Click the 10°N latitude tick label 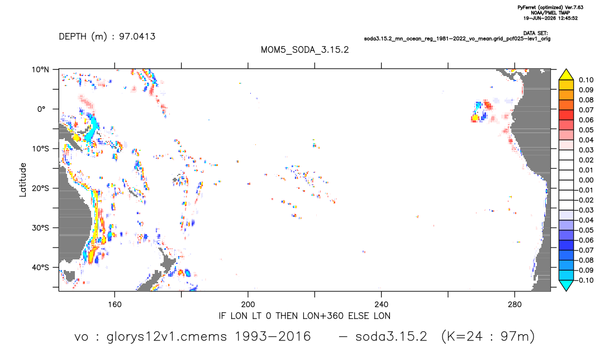pyautogui.click(x=40, y=70)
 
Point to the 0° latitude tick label pyautogui.click(x=41, y=109)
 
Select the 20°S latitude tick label pyautogui.click(x=40, y=188)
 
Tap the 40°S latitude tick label pyautogui.click(x=40, y=267)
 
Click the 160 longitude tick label pyautogui.click(x=115, y=305)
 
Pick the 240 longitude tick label pyautogui.click(x=382, y=305)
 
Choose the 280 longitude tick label pyautogui.click(x=515, y=305)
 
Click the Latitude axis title pyautogui.click(x=23, y=180)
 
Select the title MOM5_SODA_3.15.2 pyautogui.click(x=305, y=50)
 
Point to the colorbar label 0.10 pyautogui.click(x=586, y=80)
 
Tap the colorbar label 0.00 pyautogui.click(x=586, y=180)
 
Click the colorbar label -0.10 pyautogui.click(x=585, y=280)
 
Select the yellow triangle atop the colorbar pyautogui.click(x=566, y=75)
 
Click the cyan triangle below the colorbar pyautogui.click(x=566, y=285)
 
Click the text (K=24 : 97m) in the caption pyautogui.click(x=488, y=337)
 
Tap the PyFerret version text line pyautogui.click(x=550, y=7)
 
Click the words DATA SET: pyautogui.click(x=535, y=34)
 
